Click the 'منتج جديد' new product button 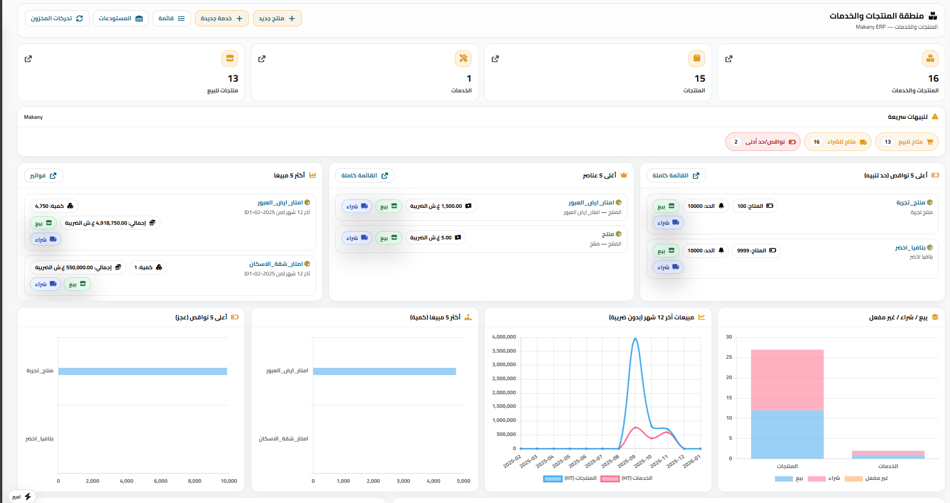(x=277, y=19)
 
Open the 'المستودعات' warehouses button (x=121, y=19)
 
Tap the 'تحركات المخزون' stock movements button (x=57, y=19)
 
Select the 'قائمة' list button (x=172, y=19)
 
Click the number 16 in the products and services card (x=933, y=78)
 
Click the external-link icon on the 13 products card (x=29, y=59)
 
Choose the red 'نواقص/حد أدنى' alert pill (x=762, y=142)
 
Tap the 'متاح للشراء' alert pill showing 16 (x=837, y=142)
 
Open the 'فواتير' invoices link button (x=43, y=176)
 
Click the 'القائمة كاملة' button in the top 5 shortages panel (x=676, y=176)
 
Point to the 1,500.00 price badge (x=441, y=206)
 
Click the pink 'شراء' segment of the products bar (x=787, y=380)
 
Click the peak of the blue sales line (x=636, y=339)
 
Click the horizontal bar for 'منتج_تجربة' (x=143, y=371)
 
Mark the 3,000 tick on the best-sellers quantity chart (x=403, y=481)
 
